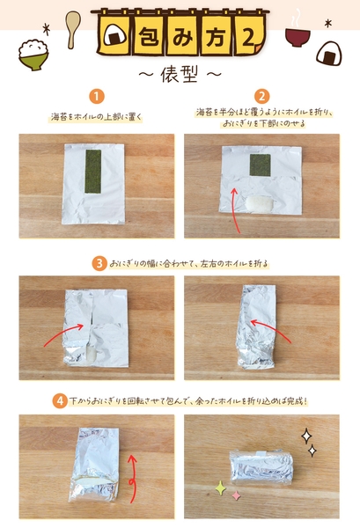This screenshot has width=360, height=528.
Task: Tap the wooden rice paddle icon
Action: click(73, 24)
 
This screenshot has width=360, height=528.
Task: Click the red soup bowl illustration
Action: click(298, 38)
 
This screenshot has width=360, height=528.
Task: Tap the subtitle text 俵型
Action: click(180, 70)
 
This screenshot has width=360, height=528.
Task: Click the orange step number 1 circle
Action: click(97, 95)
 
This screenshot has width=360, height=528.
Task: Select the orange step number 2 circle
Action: click(261, 95)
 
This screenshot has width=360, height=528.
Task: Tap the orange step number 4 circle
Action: click(59, 400)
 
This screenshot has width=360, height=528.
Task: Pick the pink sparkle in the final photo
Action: click(236, 495)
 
